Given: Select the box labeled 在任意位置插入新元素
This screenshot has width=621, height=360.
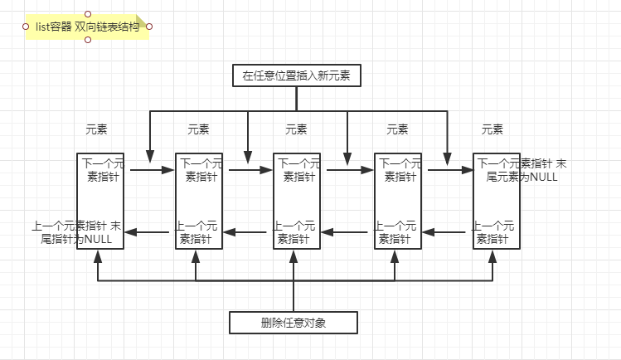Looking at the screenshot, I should click(296, 75).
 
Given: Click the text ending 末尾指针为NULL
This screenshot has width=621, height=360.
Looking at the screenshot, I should click(76, 232).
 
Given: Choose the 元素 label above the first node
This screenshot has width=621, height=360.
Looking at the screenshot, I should click(97, 129).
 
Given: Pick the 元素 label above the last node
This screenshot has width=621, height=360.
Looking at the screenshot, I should click(492, 129).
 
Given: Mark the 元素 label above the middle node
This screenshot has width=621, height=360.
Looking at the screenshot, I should click(296, 129).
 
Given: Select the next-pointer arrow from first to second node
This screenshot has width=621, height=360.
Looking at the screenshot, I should click(152, 171).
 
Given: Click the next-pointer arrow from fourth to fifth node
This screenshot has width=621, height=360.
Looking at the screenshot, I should click(448, 171).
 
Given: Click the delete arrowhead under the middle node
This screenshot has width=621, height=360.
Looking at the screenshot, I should click(294, 257).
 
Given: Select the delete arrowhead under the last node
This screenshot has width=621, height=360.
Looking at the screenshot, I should click(494, 257).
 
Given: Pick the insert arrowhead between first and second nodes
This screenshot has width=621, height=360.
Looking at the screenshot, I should click(149, 156).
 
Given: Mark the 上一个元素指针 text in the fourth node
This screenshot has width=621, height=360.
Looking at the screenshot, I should click(396, 232).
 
